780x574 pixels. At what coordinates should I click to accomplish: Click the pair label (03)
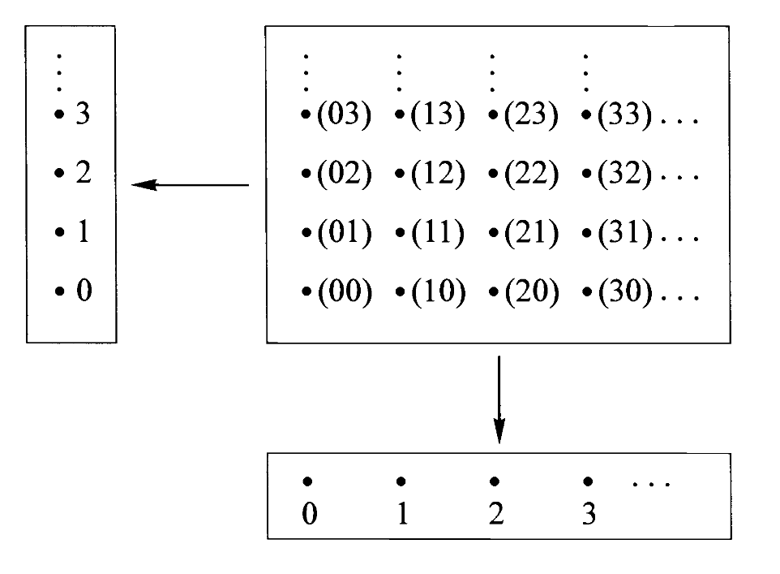(x=343, y=117)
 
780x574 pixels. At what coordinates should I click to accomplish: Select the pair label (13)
(x=438, y=117)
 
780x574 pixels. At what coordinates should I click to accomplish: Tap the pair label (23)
(x=531, y=117)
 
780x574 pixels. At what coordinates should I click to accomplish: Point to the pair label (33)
(x=624, y=117)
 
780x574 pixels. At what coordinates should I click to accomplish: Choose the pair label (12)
(x=438, y=175)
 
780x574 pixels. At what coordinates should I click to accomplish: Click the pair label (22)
(x=531, y=175)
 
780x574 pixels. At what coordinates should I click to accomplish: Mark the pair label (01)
(x=343, y=234)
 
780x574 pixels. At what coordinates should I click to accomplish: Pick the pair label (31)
(x=624, y=234)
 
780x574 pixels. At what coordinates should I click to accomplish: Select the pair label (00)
(x=343, y=292)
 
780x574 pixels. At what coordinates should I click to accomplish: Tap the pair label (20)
(x=531, y=292)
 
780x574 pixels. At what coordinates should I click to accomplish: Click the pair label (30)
(x=624, y=292)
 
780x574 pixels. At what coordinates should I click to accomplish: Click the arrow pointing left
(x=190, y=185)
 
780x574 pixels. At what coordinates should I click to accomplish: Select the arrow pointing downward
(x=499, y=398)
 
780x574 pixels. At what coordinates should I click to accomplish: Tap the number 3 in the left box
(x=82, y=115)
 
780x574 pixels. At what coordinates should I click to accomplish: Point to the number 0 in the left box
(x=83, y=291)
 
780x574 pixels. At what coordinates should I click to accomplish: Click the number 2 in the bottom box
(x=496, y=516)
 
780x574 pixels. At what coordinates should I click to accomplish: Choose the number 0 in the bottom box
(x=308, y=516)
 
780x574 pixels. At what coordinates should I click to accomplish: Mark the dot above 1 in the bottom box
(x=401, y=481)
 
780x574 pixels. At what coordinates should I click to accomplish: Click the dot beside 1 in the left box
(x=58, y=234)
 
